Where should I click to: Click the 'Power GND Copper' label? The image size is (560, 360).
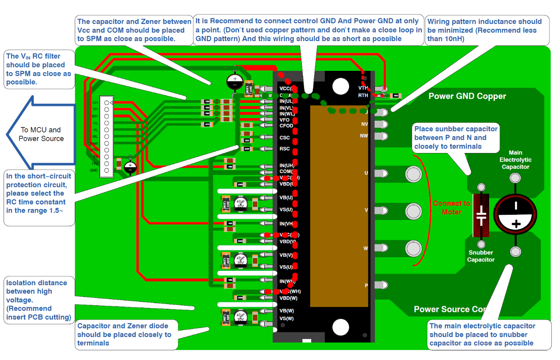(x=467, y=96)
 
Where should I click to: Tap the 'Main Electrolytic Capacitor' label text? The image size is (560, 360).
(x=515, y=160)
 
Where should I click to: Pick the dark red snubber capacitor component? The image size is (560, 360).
(x=481, y=215)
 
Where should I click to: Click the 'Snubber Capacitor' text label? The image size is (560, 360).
(x=480, y=256)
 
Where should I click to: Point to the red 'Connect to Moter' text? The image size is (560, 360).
(x=451, y=207)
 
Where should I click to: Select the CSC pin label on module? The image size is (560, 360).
(x=284, y=138)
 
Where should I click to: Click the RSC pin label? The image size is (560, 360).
(x=284, y=149)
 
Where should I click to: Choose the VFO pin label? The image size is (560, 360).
(x=284, y=120)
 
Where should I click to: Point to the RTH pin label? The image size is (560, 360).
(x=363, y=95)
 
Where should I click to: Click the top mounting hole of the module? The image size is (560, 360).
(x=340, y=86)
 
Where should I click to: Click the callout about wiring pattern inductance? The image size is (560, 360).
(x=487, y=30)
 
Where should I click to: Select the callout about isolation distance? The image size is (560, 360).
(x=38, y=300)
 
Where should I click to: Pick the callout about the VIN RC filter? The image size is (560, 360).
(x=38, y=69)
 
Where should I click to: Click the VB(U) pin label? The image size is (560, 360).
(x=286, y=197)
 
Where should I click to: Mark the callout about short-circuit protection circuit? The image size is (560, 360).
(x=38, y=197)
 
